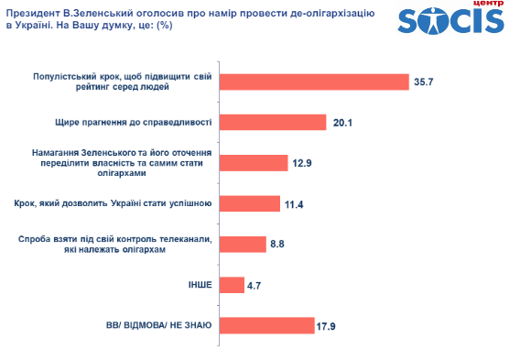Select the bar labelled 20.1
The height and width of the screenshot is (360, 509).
point(273,122)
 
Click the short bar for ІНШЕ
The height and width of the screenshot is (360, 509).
point(232,284)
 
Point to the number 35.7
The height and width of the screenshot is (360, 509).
point(424,82)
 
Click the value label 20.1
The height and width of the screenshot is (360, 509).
point(342,122)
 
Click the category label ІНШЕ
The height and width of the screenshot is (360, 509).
point(199,285)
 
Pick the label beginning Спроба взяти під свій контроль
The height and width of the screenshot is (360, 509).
point(116,244)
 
